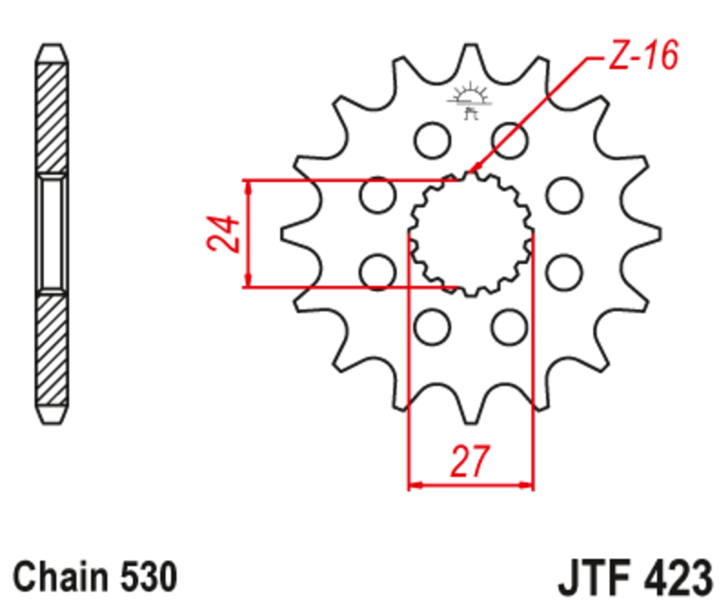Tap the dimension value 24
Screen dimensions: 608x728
click(222, 234)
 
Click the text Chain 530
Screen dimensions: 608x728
click(96, 577)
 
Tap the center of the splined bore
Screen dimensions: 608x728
click(470, 234)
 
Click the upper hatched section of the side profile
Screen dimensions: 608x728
click(51, 114)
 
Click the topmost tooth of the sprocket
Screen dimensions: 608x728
click(470, 59)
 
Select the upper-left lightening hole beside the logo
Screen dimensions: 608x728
click(431, 139)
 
